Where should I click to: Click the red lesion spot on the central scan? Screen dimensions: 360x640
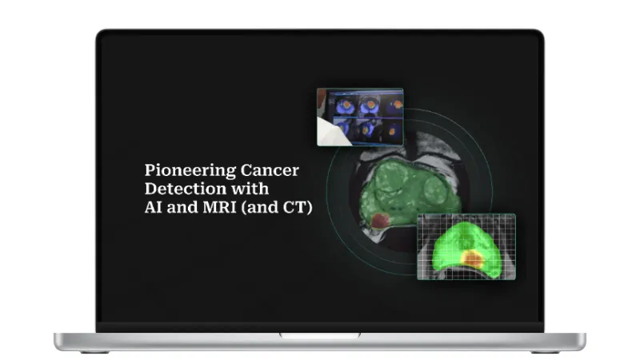tap(382, 220)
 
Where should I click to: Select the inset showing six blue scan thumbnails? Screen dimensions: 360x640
tap(360, 117)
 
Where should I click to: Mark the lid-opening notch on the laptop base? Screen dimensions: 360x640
tap(320, 335)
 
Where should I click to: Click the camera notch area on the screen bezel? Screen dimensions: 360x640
tap(320, 33)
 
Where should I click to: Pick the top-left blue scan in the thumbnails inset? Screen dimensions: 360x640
tap(346, 105)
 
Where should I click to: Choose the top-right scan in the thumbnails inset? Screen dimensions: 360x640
tap(393, 105)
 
